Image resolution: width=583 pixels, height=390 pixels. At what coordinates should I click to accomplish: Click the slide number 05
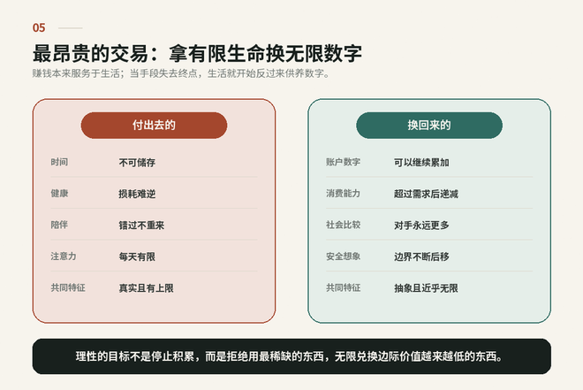[x=39, y=27]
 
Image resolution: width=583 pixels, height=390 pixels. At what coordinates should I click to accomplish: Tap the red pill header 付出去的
[x=154, y=125]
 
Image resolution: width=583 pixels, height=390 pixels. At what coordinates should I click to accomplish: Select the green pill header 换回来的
[x=429, y=125]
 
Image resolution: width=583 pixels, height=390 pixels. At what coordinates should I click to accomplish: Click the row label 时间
[x=59, y=162]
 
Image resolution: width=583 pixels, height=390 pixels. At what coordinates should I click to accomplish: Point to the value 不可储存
[x=137, y=163]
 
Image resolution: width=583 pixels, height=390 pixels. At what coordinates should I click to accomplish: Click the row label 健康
[x=59, y=193]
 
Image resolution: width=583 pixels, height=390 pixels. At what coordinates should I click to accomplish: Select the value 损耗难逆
[x=137, y=194]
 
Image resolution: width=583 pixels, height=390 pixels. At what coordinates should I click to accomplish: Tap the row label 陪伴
[x=59, y=225]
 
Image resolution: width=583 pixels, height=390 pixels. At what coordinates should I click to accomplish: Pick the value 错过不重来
[x=141, y=226]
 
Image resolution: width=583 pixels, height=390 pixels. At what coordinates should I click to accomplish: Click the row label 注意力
[x=64, y=256]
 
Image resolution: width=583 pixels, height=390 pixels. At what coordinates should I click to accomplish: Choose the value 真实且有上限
[x=146, y=288]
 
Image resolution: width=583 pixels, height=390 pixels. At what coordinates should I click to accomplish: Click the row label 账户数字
[x=344, y=162]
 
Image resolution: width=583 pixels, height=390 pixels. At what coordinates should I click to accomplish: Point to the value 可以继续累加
[x=421, y=163]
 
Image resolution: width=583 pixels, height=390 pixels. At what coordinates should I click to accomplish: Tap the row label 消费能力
[x=344, y=193]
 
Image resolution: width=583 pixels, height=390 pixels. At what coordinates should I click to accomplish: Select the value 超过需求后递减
[x=426, y=194]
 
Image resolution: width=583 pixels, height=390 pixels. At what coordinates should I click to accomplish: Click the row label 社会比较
[x=344, y=225]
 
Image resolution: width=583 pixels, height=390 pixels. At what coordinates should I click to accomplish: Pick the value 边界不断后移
[x=421, y=256]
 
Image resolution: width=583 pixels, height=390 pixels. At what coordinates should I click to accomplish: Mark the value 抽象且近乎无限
[x=426, y=288]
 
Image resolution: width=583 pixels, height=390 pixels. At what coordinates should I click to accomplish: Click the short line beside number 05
[x=71, y=28]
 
